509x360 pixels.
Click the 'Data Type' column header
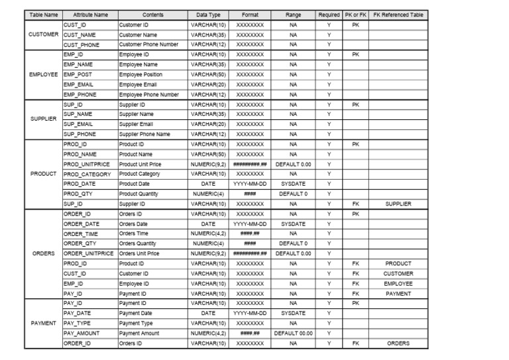tap(208, 15)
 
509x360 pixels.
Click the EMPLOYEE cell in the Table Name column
tap(43, 74)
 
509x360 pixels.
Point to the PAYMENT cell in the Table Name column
tap(43, 324)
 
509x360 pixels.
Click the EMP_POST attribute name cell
tap(78, 74)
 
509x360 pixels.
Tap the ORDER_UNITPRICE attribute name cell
tap(89, 253)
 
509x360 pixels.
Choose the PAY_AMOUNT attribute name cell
tap(83, 333)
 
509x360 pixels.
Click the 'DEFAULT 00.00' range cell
tap(293, 333)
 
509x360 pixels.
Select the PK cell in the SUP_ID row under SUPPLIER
tap(355, 104)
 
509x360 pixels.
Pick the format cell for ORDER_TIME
tap(249, 233)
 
